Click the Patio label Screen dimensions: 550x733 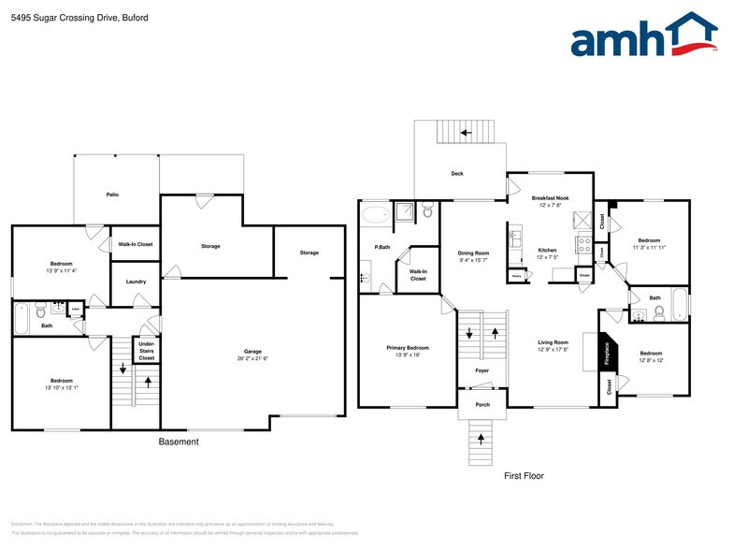(x=112, y=195)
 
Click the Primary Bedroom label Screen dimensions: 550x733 (x=408, y=351)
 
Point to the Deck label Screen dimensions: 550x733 (x=457, y=174)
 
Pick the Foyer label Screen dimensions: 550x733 (x=481, y=371)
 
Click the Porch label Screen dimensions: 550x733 (x=482, y=405)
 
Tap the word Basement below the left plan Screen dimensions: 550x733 (x=178, y=441)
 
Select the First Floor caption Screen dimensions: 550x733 (x=524, y=476)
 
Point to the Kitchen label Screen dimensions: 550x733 (x=547, y=251)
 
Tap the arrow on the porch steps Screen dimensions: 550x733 (x=481, y=437)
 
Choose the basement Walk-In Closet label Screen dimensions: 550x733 (x=136, y=244)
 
